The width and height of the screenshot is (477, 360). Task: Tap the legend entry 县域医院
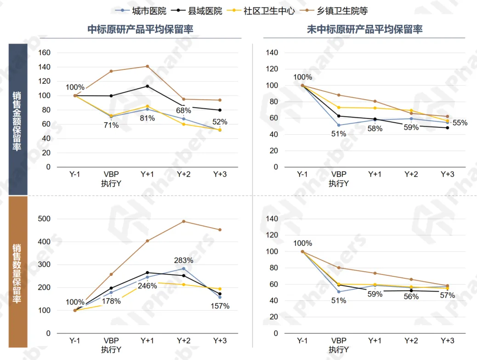pyautogui.click(x=205, y=11)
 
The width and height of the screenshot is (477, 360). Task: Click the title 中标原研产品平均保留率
pyautogui.click(x=140, y=29)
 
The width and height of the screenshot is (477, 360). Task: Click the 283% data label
pyautogui.click(x=183, y=260)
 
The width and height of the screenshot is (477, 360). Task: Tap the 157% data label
pyautogui.click(x=220, y=306)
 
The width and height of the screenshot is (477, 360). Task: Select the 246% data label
pyautogui.click(x=147, y=286)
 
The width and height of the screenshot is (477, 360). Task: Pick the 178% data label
pyautogui.click(x=111, y=301)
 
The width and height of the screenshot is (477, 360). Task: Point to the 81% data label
pyautogui.click(x=147, y=118)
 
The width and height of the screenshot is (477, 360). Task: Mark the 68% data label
pyautogui.click(x=183, y=110)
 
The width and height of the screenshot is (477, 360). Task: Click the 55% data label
pyautogui.click(x=460, y=123)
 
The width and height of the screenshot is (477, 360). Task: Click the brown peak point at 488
pyautogui.click(x=183, y=222)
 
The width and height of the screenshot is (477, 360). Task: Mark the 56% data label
pyautogui.click(x=411, y=297)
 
